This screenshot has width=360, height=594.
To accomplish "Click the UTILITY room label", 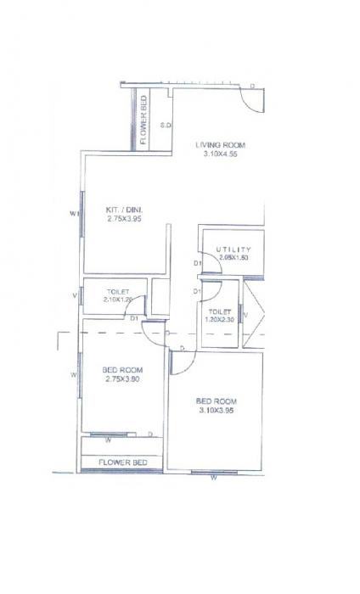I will coord(233,249).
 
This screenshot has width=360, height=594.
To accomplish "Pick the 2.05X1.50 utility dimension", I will coord(233,257).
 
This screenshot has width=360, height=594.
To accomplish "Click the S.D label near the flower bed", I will coord(166,126).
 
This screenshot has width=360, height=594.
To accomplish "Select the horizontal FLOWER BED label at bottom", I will coord(123,462).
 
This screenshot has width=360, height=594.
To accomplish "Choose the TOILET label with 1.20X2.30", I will coord(221,311).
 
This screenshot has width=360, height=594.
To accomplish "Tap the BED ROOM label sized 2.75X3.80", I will coord(121,371).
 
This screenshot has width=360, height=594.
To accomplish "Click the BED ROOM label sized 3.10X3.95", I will coord(216,401).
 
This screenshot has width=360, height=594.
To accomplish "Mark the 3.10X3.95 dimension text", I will coord(216,412).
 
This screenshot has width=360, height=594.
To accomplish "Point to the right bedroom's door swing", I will coord(181,361).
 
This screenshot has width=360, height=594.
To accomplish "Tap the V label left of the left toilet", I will coord(75,295).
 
